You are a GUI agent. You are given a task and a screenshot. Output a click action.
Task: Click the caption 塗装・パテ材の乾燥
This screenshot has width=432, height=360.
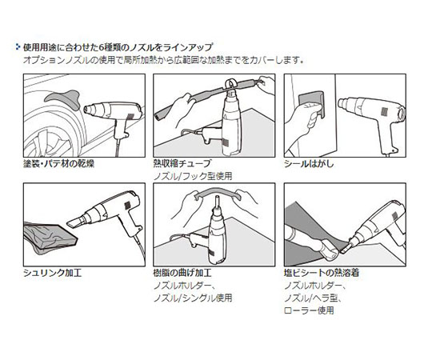(x=58, y=164)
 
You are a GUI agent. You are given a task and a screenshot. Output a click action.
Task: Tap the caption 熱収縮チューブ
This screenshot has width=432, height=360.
(x=182, y=164)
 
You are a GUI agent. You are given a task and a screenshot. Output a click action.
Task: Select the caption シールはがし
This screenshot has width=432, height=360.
(x=309, y=164)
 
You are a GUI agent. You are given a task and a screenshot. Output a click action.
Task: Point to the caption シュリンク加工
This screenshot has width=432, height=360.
(x=53, y=273)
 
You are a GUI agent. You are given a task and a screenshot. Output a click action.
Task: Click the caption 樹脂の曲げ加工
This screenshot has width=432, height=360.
(x=182, y=273)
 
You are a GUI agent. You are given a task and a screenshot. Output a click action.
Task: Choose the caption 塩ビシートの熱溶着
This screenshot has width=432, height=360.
(x=322, y=273)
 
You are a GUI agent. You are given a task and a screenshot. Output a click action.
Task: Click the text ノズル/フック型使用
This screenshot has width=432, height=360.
(x=193, y=176)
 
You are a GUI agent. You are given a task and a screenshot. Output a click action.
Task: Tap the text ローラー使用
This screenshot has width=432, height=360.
(x=309, y=310)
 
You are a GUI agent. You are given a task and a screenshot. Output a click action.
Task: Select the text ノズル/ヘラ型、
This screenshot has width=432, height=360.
(x=314, y=298)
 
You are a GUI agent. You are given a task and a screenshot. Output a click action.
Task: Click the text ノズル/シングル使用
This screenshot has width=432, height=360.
(x=193, y=298)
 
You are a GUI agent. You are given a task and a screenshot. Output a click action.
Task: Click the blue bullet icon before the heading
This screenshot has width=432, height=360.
(x=18, y=47)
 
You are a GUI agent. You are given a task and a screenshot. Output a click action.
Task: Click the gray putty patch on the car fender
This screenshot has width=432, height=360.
(x=63, y=98)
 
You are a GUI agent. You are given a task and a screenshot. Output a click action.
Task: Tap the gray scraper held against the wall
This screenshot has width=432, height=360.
(x=311, y=102)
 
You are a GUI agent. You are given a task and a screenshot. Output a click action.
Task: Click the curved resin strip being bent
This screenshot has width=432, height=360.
(x=218, y=194)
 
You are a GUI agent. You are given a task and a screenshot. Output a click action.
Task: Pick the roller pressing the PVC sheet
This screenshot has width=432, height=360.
(x=330, y=250)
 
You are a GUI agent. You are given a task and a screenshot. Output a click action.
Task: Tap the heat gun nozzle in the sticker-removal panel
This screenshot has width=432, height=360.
(x=344, y=104)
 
